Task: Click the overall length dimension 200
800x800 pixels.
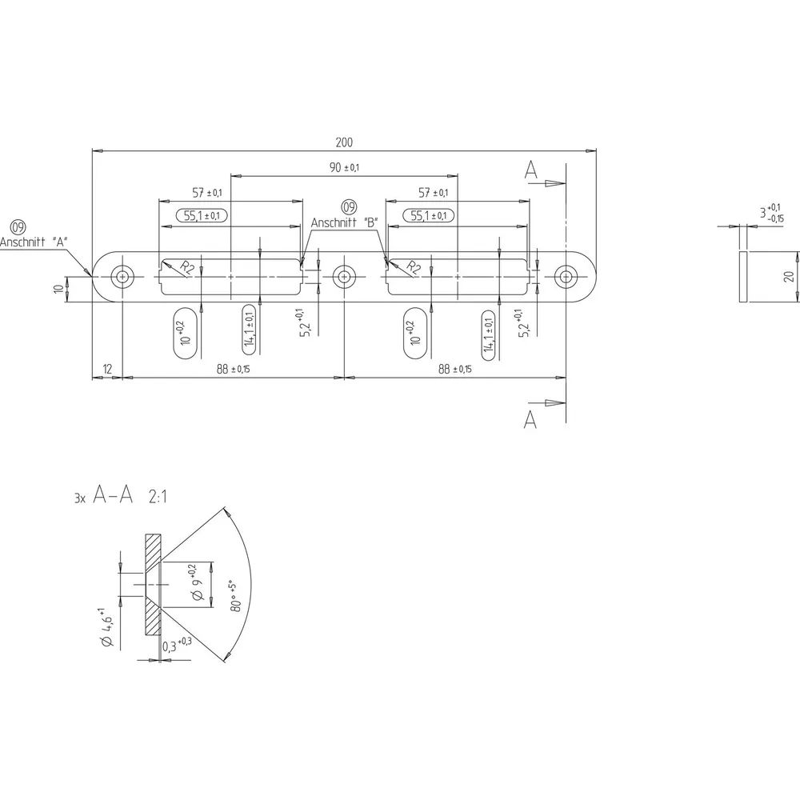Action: click(x=344, y=142)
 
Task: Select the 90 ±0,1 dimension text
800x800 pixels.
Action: click(x=344, y=167)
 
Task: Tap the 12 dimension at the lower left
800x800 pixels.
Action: click(x=107, y=369)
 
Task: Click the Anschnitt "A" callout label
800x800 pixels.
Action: click(x=34, y=242)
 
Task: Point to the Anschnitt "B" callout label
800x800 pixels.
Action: click(x=344, y=223)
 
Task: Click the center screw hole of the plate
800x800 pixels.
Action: click(x=344, y=277)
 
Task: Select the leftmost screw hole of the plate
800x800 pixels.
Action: click(x=122, y=277)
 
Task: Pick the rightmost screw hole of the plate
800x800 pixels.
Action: click(x=566, y=277)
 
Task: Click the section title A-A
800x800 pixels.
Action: click(x=113, y=495)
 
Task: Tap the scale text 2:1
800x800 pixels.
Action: click(x=158, y=497)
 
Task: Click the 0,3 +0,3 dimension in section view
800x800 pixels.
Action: click(x=177, y=645)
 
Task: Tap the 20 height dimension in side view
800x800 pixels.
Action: click(x=789, y=277)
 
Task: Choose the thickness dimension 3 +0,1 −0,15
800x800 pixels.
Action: click(x=772, y=213)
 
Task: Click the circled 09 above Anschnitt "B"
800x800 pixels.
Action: click(x=349, y=207)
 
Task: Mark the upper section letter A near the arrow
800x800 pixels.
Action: click(x=531, y=170)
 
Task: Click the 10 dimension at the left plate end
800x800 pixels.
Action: click(x=60, y=289)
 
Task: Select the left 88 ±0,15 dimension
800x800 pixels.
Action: click(x=233, y=369)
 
